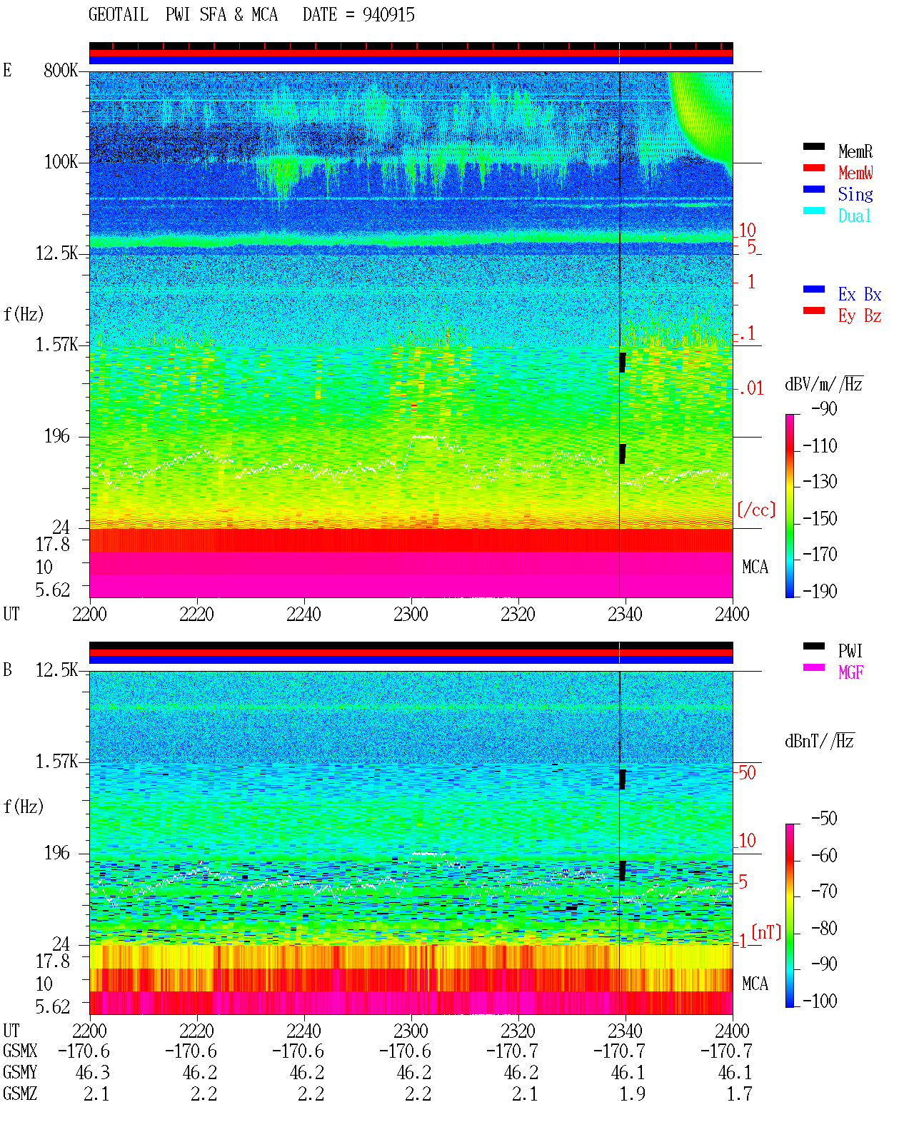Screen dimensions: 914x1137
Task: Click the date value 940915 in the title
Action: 388,15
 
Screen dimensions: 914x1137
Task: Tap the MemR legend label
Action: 855,151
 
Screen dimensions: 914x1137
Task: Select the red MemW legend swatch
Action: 813,168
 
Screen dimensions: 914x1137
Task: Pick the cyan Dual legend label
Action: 855,216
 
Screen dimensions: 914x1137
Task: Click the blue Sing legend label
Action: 855,194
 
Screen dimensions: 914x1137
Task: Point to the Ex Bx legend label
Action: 860,294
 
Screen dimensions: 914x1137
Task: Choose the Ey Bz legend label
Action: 860,315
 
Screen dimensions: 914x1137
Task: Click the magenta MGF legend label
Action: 851,672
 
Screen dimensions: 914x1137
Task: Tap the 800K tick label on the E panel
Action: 61,70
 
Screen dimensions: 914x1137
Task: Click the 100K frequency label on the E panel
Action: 61,162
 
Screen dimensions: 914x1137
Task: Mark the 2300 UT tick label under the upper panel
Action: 411,614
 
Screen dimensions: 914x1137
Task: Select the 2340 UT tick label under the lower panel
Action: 625,1030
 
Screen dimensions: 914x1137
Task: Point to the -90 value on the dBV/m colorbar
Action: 824,408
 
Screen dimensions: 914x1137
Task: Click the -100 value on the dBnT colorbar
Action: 820,1001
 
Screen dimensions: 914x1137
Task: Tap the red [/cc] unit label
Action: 756,510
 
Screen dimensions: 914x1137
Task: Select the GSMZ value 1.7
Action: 739,1093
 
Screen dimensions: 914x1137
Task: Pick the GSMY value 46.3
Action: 93,1072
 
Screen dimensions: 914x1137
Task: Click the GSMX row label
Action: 20,1051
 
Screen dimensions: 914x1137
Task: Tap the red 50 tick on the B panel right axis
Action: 747,772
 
